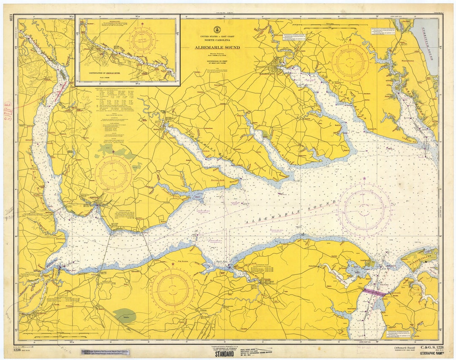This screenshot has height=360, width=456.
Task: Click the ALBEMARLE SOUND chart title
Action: (x=217, y=48)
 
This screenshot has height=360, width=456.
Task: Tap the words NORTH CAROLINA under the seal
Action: (x=217, y=41)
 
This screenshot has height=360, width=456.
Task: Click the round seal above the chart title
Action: (x=217, y=30)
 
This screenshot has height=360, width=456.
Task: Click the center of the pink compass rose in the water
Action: (x=364, y=209)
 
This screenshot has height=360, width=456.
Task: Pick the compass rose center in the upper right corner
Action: (x=350, y=62)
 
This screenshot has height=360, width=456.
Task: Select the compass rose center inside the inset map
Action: (x=142, y=40)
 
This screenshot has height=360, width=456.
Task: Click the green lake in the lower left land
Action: (x=125, y=316)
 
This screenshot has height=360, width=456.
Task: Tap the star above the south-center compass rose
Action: (x=173, y=264)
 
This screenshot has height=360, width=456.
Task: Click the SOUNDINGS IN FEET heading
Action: (x=217, y=62)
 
